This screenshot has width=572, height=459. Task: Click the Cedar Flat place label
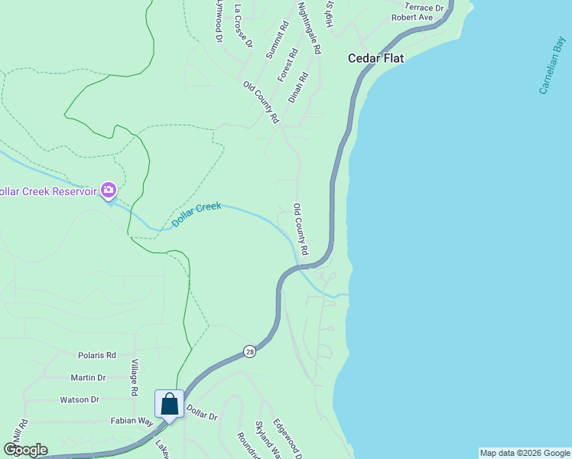(375, 57)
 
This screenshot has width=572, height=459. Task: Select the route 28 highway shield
(249, 351)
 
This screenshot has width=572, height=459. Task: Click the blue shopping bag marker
(169, 403)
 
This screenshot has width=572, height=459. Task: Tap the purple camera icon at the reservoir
(109, 190)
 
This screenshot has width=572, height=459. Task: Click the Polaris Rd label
(96, 355)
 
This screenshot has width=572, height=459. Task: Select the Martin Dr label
(88, 377)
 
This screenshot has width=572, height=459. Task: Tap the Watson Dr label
(80, 399)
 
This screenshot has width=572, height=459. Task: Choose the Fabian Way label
(132, 420)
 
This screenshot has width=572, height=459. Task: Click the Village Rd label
(134, 377)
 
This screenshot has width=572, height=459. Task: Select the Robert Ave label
(412, 17)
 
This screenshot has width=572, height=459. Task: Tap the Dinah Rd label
(297, 88)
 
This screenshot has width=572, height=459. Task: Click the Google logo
(25, 450)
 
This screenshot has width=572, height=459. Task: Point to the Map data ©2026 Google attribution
(525, 453)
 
